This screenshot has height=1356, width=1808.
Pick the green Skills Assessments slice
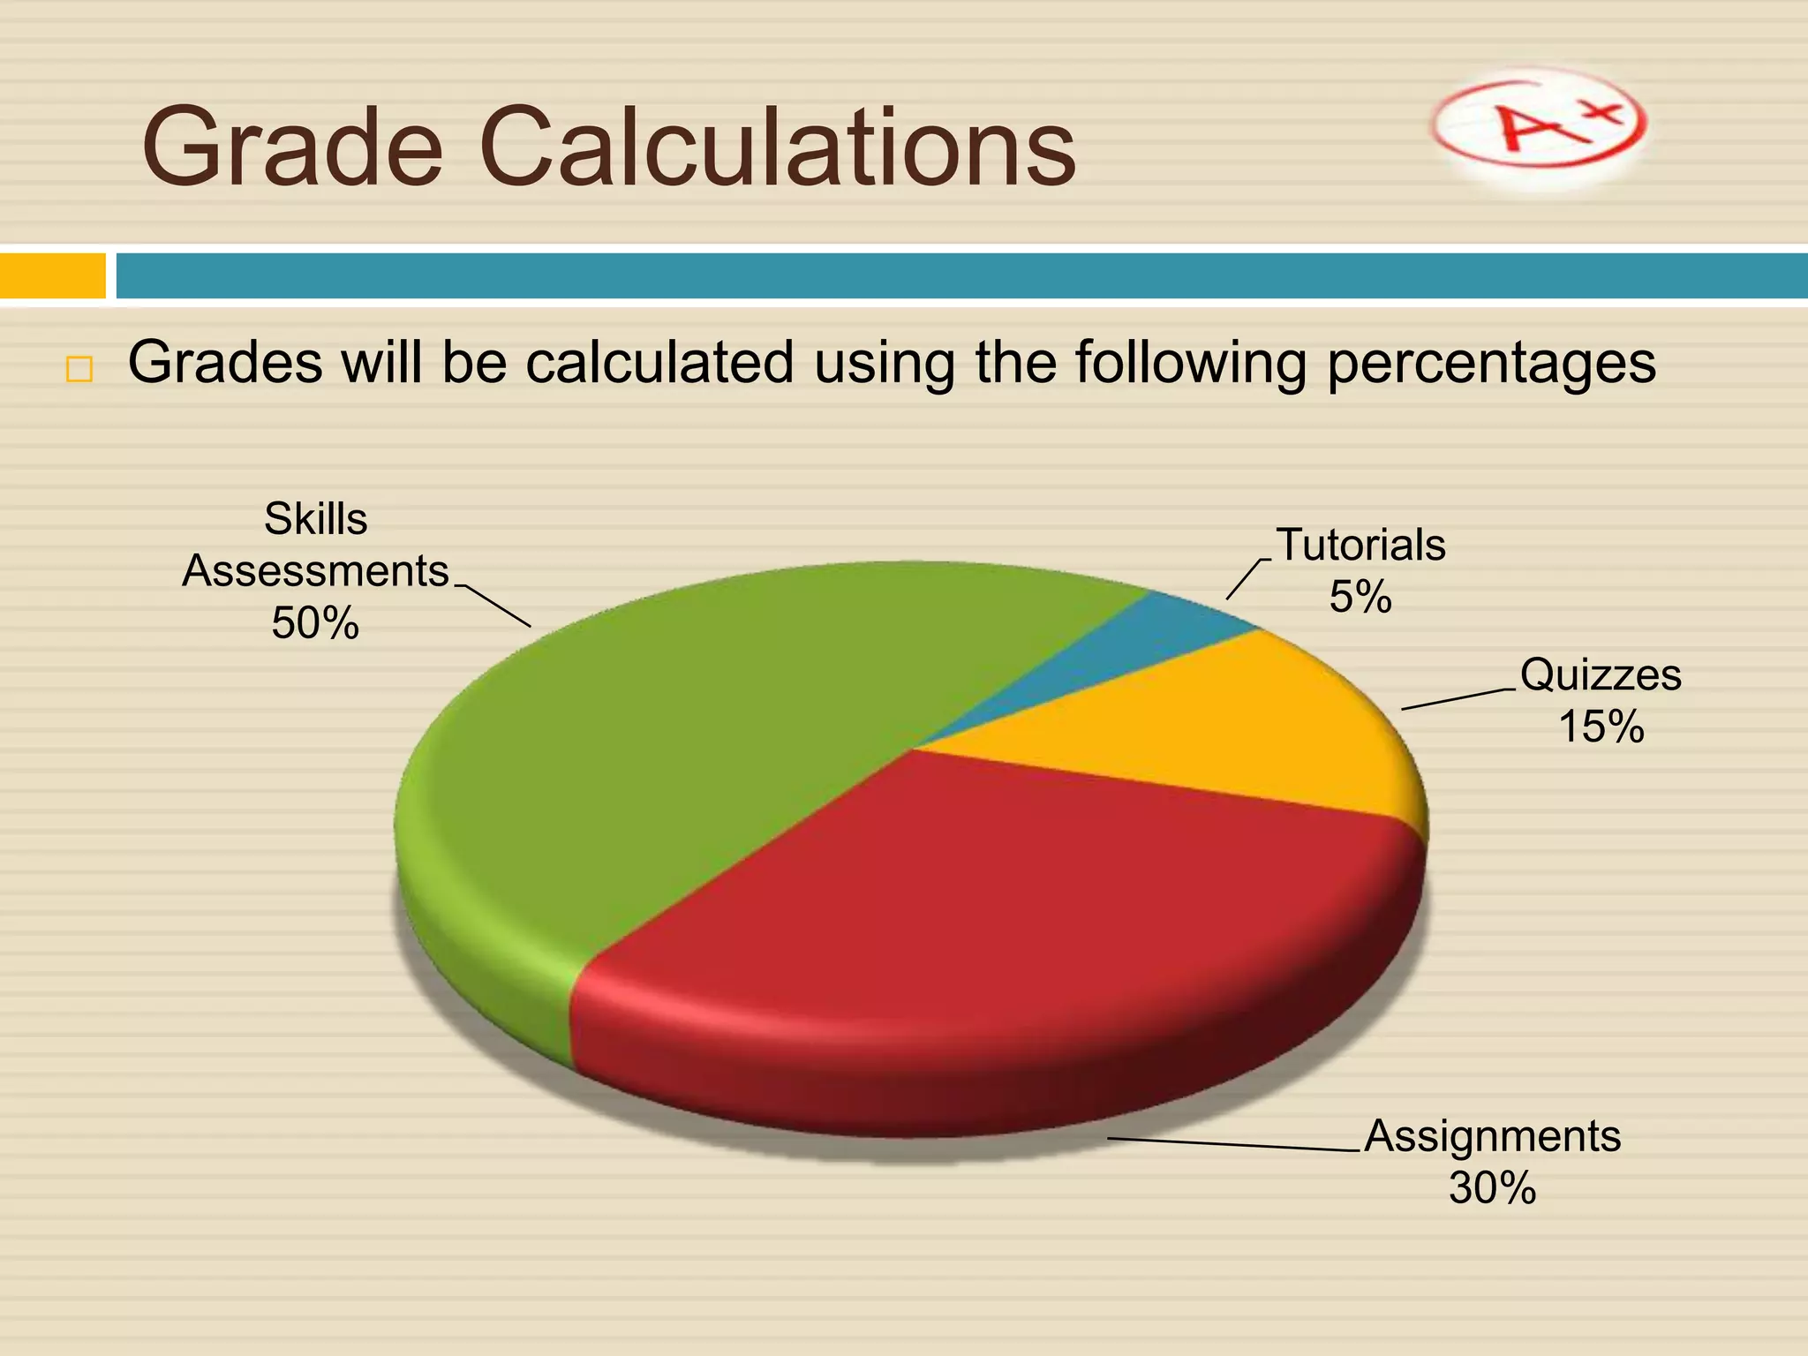click(x=689, y=750)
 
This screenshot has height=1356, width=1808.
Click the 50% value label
click(x=315, y=623)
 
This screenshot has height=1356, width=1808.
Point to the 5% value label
click(x=1360, y=597)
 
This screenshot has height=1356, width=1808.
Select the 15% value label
click(x=1601, y=727)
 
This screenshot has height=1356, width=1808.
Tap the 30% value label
click(x=1492, y=1188)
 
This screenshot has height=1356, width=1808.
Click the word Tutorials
click(x=1360, y=545)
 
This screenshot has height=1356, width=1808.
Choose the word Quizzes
click(x=1601, y=675)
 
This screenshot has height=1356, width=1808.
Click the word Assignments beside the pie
click(x=1492, y=1136)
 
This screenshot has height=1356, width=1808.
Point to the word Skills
click(x=315, y=519)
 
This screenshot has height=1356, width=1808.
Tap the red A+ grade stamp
click(x=1538, y=128)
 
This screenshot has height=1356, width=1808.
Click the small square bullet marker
click(x=79, y=369)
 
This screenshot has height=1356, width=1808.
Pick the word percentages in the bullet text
click(x=1491, y=364)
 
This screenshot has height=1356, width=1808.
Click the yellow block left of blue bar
click(x=52, y=275)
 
